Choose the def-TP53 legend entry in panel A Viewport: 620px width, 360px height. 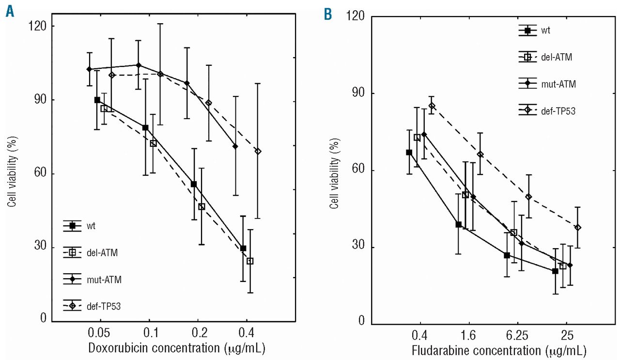click(x=103, y=305)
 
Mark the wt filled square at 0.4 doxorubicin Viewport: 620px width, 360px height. click(x=243, y=249)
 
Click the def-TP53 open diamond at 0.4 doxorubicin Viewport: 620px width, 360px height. click(x=258, y=151)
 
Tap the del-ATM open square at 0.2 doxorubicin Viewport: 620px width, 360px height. click(x=201, y=207)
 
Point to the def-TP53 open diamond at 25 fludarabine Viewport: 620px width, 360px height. click(x=577, y=228)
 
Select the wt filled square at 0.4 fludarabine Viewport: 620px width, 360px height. click(x=409, y=153)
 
